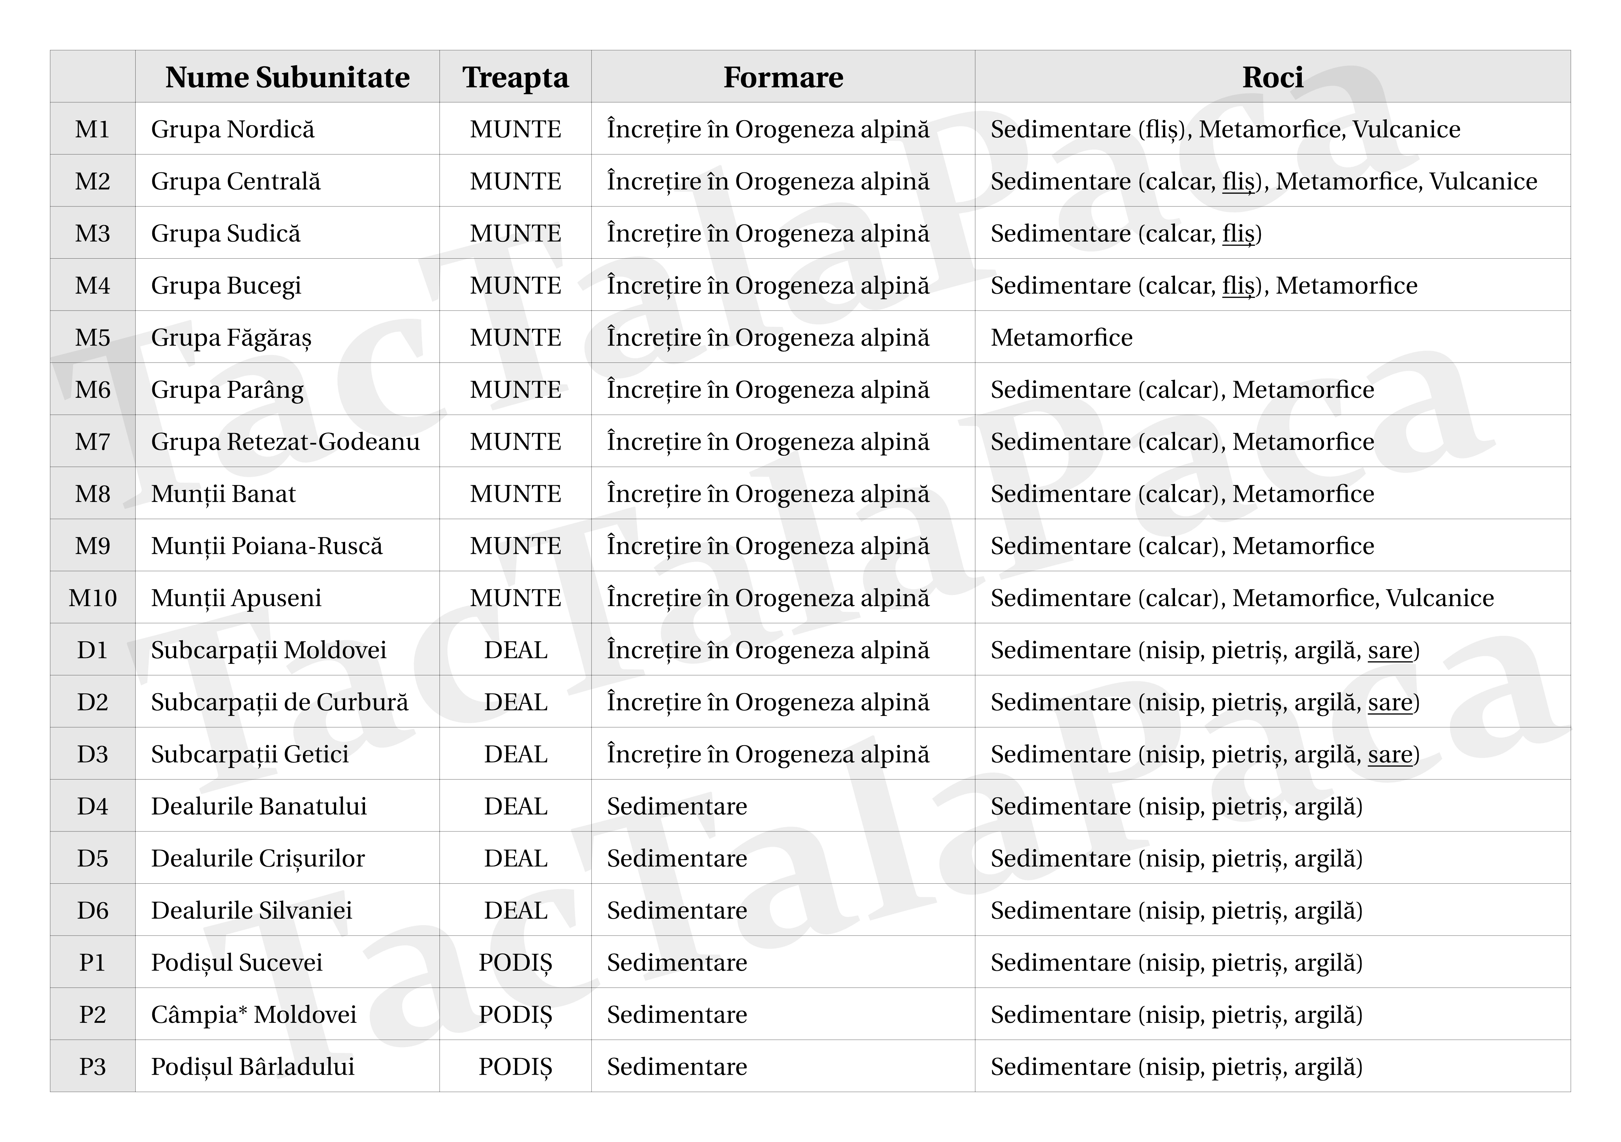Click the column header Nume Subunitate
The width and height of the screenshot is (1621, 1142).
coord(287,77)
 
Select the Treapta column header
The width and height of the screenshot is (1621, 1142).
coord(515,77)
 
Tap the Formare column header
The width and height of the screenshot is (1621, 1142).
coord(783,77)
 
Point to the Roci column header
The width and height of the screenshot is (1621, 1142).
coord(1272,77)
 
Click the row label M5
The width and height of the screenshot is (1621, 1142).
coord(92,337)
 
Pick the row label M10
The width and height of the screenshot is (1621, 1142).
coord(92,598)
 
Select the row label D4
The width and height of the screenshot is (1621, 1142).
coord(92,806)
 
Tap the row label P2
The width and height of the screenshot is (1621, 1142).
coord(92,1014)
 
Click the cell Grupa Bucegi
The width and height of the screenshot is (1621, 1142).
coord(226,285)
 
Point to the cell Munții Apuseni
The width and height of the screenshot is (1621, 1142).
coord(236,598)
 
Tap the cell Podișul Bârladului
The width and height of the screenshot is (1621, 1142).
coord(253,1067)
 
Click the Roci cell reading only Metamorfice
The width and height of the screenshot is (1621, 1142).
coord(1061,337)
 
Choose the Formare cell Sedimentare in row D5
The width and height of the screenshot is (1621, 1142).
coord(676,858)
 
